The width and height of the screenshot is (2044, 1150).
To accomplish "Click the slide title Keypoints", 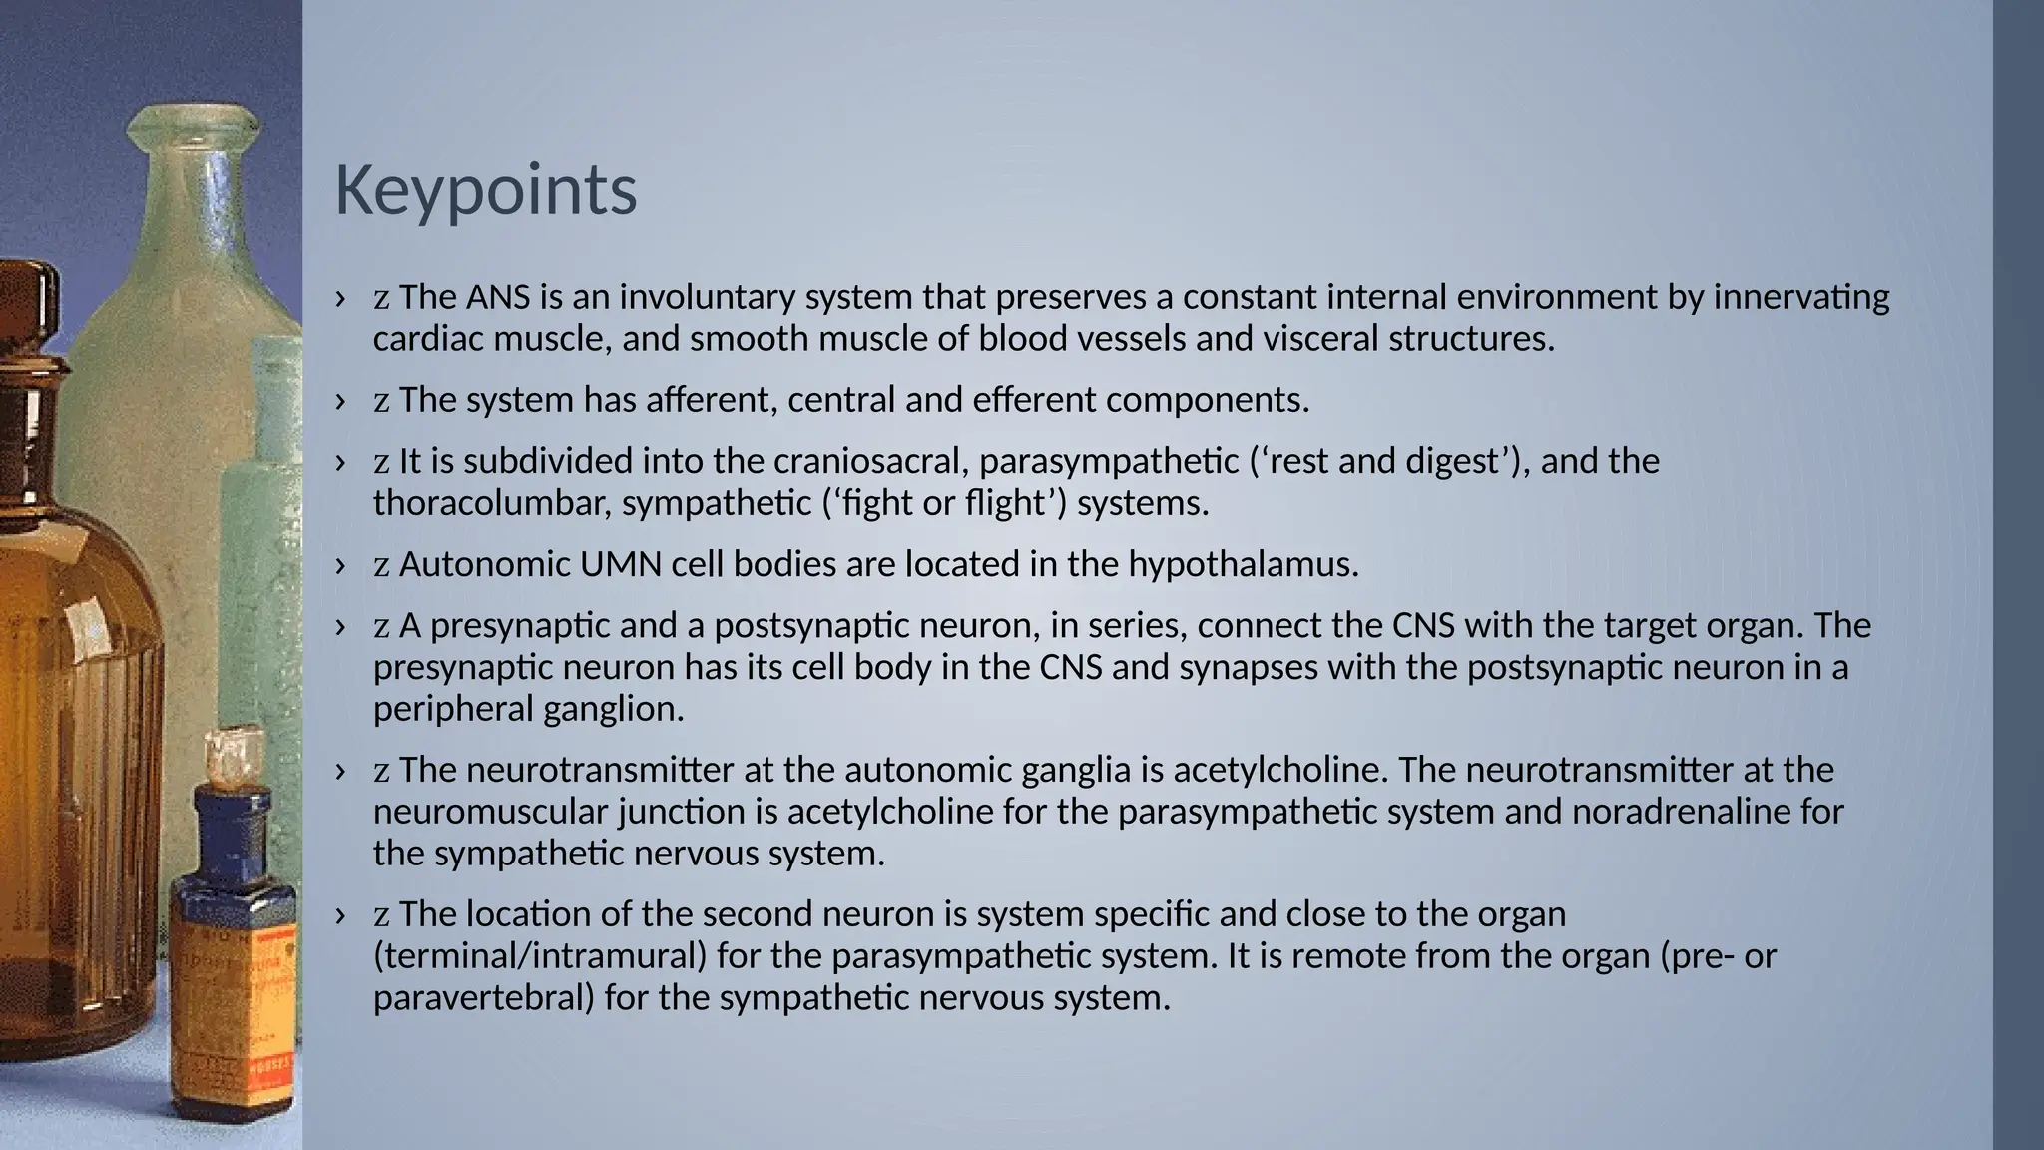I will click(485, 190).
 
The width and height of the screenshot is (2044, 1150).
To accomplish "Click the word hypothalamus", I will click(1242, 565).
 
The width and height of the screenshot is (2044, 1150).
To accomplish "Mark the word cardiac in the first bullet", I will click(429, 339).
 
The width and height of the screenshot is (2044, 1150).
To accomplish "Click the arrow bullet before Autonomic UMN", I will click(340, 565).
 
